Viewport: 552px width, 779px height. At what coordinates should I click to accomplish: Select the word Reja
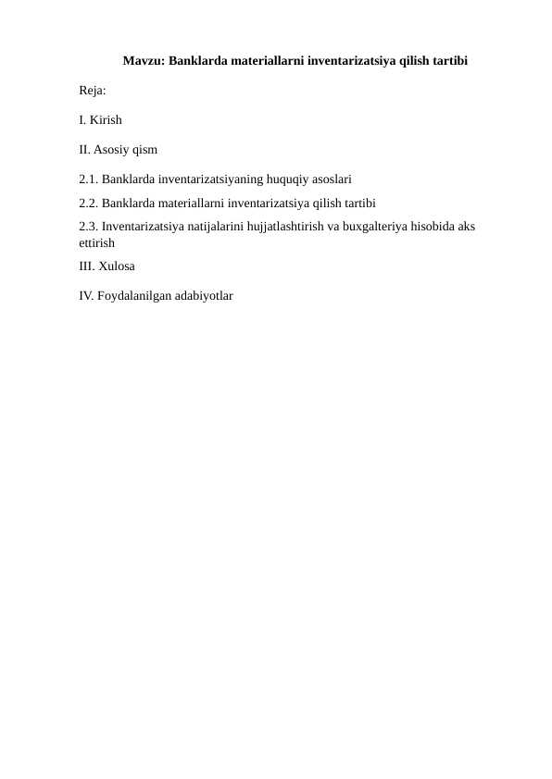(x=92, y=92)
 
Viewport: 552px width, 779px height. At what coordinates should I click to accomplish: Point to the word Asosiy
(x=112, y=149)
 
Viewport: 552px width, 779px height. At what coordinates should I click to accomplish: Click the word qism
(x=145, y=149)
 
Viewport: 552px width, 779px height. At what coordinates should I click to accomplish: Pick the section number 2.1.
(x=89, y=179)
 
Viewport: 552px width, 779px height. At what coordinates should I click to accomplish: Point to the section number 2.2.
(x=89, y=204)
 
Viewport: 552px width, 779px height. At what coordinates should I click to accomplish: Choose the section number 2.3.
(x=89, y=228)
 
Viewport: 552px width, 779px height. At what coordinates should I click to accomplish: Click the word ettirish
(x=96, y=243)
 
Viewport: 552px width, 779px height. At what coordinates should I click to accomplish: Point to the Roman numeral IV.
(x=86, y=296)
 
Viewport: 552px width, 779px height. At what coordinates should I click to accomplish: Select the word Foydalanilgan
(x=133, y=296)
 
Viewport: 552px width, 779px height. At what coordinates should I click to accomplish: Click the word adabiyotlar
(x=203, y=296)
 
